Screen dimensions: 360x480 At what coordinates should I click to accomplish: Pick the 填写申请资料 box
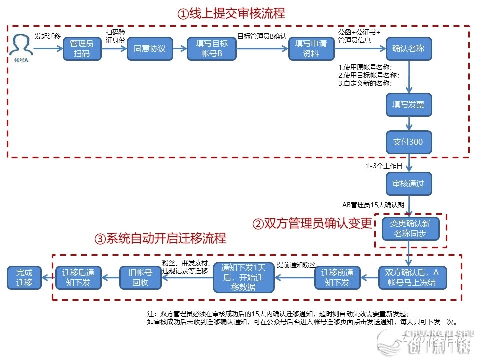311,49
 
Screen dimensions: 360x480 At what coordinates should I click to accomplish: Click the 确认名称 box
408,49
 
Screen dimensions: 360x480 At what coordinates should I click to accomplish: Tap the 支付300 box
408,142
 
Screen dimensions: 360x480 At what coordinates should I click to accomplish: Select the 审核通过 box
408,183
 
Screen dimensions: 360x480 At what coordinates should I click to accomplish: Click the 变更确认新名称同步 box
410,228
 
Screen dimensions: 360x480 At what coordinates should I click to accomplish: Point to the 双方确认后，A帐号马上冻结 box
412,277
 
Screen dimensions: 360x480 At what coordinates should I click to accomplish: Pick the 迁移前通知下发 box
337,277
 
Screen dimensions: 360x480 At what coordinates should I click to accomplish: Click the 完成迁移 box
24,277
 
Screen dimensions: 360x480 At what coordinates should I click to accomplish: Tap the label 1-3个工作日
384,165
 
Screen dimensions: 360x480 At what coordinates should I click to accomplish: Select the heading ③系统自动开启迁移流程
160,238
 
